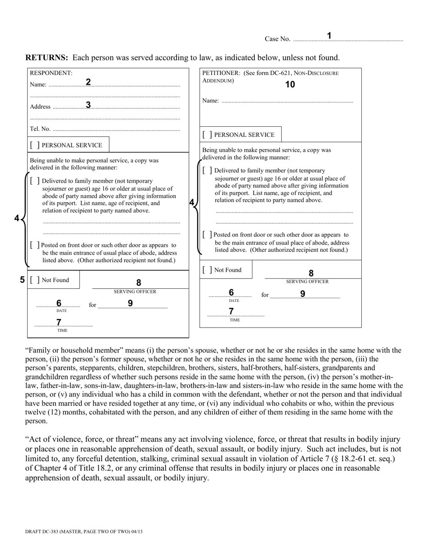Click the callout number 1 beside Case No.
coord(329,36)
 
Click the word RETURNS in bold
coord(47,58)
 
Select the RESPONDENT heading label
coord(51,73)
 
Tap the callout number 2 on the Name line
coord(88,82)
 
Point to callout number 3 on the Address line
coord(89,105)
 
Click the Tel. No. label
coord(40,129)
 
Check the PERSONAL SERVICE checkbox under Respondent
coord(35,145)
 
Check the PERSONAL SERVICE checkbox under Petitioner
coord(207,135)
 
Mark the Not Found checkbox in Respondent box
coord(35,280)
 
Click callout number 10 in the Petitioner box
coord(290,84)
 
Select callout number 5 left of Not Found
coord(22,280)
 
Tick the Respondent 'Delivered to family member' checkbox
coord(35,181)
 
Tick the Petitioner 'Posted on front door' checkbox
coord(207,235)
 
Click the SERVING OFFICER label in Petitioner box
coord(307,282)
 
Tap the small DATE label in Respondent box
coord(61,311)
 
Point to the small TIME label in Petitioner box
coord(234,320)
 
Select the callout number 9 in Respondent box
coord(130,303)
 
